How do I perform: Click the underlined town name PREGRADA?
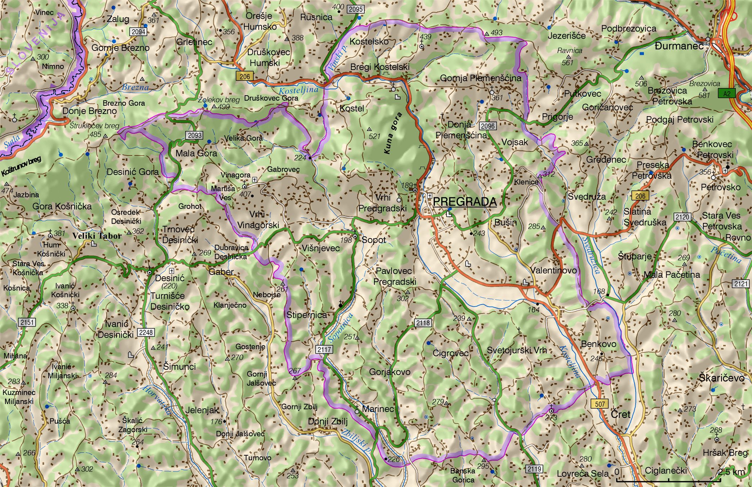pyautogui.click(x=465, y=202)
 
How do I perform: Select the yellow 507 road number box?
pyautogui.click(x=600, y=404)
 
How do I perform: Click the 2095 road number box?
pyautogui.click(x=355, y=9)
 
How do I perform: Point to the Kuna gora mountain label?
pyautogui.click(x=393, y=133)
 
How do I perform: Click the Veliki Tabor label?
pyautogui.click(x=97, y=236)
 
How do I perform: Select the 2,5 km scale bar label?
pyautogui.click(x=731, y=472)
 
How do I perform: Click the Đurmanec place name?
pyautogui.click(x=679, y=46)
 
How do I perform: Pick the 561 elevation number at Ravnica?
pyautogui.click(x=567, y=62)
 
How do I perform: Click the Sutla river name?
pyautogui.click(x=12, y=142)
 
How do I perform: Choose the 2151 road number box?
pyautogui.click(x=27, y=322)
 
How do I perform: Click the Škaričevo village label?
pyautogui.click(x=721, y=378)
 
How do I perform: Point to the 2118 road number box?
pyautogui.click(x=423, y=323)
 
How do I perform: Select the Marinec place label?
pyautogui.click(x=378, y=409)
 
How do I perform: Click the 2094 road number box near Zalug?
pyautogui.click(x=138, y=32)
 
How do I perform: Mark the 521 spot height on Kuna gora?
pyautogui.click(x=374, y=136)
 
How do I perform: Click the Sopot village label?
pyautogui.click(x=374, y=240)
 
